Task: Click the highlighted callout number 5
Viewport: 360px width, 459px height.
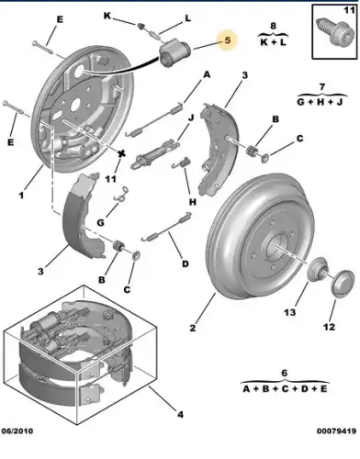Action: (228, 40)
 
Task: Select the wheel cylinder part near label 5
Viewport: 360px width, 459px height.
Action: (175, 52)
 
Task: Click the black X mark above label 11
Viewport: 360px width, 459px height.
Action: (122, 154)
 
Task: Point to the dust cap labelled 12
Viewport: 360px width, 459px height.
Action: (343, 284)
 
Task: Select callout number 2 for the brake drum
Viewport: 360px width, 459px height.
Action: (192, 328)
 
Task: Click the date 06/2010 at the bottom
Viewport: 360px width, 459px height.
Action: (17, 431)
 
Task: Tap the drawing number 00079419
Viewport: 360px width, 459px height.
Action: (336, 431)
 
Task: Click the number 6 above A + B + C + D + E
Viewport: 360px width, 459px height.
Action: (285, 373)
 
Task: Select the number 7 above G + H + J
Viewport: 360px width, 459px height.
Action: (321, 87)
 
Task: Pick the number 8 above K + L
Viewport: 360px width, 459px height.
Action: (273, 26)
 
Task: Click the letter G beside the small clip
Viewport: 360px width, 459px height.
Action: (100, 222)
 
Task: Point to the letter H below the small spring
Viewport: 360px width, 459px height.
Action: (192, 202)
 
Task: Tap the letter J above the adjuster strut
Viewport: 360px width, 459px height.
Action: (191, 118)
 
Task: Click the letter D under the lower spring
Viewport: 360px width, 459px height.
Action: (186, 263)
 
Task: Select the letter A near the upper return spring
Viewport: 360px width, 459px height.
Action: (207, 74)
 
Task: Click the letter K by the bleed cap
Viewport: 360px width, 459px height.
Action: (107, 16)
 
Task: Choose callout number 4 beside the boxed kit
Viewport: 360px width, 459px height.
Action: (180, 415)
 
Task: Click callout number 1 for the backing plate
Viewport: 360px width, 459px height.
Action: (21, 195)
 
